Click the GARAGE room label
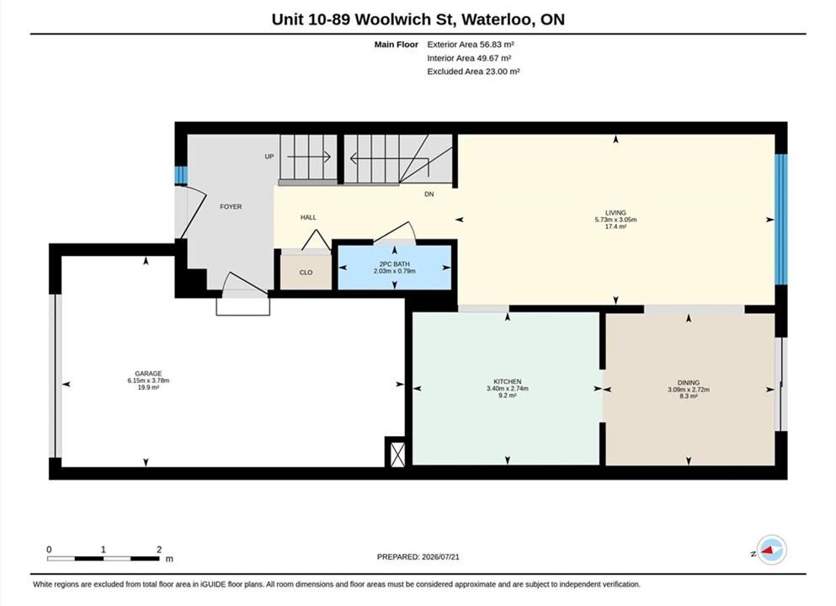[148, 374]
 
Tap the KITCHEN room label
[508, 381]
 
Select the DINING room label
[689, 383]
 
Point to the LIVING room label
[615, 213]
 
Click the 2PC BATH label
[395, 264]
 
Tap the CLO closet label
[306, 273]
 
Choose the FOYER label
[231, 207]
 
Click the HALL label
[308, 217]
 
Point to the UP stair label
[269, 157]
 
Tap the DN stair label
[429, 194]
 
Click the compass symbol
[771, 550]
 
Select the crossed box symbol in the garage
[397, 452]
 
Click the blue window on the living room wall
[780, 219]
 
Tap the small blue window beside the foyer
[182, 175]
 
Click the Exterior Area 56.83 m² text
[471, 45]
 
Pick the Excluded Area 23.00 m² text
[473, 72]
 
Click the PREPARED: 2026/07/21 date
[418, 557]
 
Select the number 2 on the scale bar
[159, 550]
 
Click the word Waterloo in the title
[497, 19]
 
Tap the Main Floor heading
[397, 45]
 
